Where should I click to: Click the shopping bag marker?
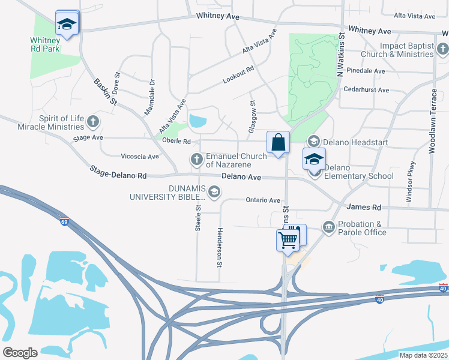[x=279, y=143]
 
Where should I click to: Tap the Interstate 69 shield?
[x=64, y=221]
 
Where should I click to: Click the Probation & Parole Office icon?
[x=328, y=226]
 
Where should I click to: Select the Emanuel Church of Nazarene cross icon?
[x=196, y=160]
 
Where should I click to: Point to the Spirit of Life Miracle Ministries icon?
[x=92, y=122]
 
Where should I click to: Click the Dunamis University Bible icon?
[x=215, y=192]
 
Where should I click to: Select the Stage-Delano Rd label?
[x=118, y=173]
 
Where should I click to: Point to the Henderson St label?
[x=220, y=247]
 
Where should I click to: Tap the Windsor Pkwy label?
[x=411, y=182]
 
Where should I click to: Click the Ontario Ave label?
[x=262, y=200]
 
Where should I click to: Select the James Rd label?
[x=364, y=207]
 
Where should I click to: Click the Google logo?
[x=20, y=353]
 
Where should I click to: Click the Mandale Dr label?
[x=149, y=98]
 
